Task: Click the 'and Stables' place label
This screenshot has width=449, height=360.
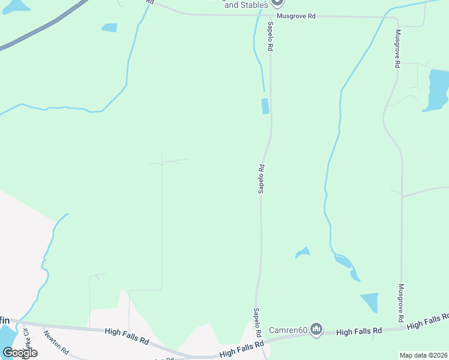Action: click(x=247, y=5)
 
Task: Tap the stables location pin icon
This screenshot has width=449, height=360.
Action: click(x=277, y=3)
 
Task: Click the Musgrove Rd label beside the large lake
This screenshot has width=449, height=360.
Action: click(x=397, y=49)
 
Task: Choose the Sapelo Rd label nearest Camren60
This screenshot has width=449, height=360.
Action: click(x=256, y=322)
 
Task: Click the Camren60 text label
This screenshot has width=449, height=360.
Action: click(x=288, y=329)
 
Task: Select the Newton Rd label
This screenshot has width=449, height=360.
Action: click(x=57, y=343)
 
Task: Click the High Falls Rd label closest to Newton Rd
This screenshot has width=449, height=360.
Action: click(x=127, y=335)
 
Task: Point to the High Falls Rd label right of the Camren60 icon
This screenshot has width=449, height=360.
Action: click(x=359, y=331)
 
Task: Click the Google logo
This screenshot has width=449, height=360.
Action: click(x=20, y=352)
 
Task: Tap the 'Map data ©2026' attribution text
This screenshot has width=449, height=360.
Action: click(x=423, y=355)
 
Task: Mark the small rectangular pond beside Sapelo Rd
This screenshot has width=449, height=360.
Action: click(x=265, y=106)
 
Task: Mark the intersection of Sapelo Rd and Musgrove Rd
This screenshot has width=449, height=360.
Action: click(x=270, y=16)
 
